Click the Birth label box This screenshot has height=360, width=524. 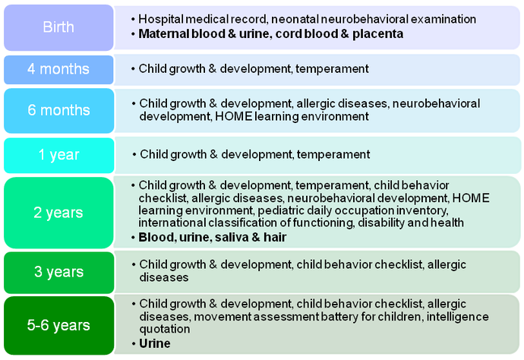tap(58, 27)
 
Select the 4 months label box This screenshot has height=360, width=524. tap(58, 70)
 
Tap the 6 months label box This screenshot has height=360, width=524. tap(58, 111)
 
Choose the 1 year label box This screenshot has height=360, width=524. tap(58, 156)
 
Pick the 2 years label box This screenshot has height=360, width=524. tap(58, 213)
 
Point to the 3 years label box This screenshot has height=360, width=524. tap(58, 273)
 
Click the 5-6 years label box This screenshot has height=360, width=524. tap(58, 325)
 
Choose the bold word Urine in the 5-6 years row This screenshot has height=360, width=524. tap(155, 343)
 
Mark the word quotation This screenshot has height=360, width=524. tap(165, 330)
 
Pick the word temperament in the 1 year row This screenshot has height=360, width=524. tap(333, 154)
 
